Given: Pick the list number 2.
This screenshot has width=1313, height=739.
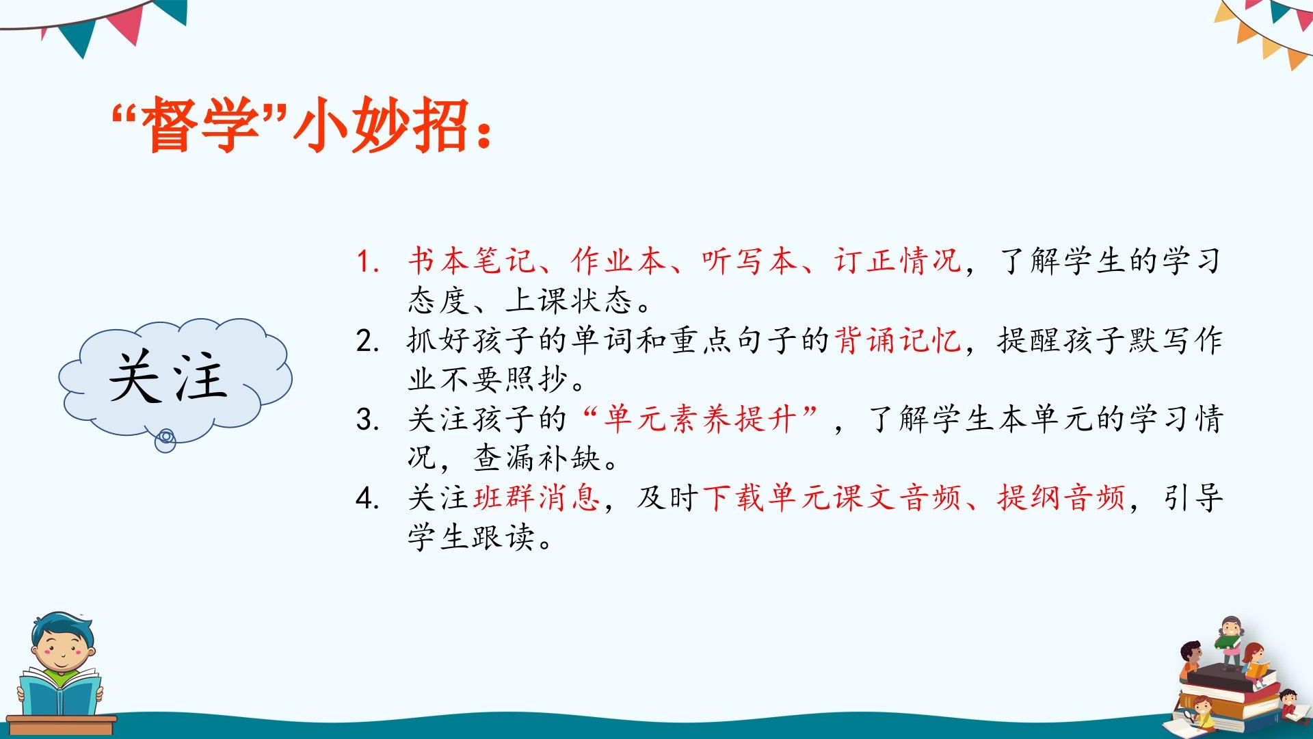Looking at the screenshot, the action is coord(367,341).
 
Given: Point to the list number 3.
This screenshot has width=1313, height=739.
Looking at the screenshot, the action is coord(367,419).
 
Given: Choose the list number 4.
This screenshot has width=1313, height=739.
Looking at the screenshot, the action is coord(367,498).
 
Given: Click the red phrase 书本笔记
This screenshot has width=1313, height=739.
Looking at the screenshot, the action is coord(471,261).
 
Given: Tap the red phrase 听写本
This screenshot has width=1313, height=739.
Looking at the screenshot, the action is coord(750,261).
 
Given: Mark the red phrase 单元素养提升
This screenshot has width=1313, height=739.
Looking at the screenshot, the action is coord(700,419).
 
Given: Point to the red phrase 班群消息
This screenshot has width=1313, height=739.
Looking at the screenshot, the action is coord(537,497).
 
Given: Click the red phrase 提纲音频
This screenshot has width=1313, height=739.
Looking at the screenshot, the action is coord(1062,497).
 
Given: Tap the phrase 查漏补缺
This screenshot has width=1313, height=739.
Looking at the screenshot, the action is coord(537,458).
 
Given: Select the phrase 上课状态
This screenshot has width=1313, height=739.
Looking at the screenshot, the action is coord(570,300).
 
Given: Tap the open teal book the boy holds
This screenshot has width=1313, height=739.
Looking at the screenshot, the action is coord(60,691).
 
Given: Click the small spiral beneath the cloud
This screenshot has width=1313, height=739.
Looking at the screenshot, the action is coord(165,440).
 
